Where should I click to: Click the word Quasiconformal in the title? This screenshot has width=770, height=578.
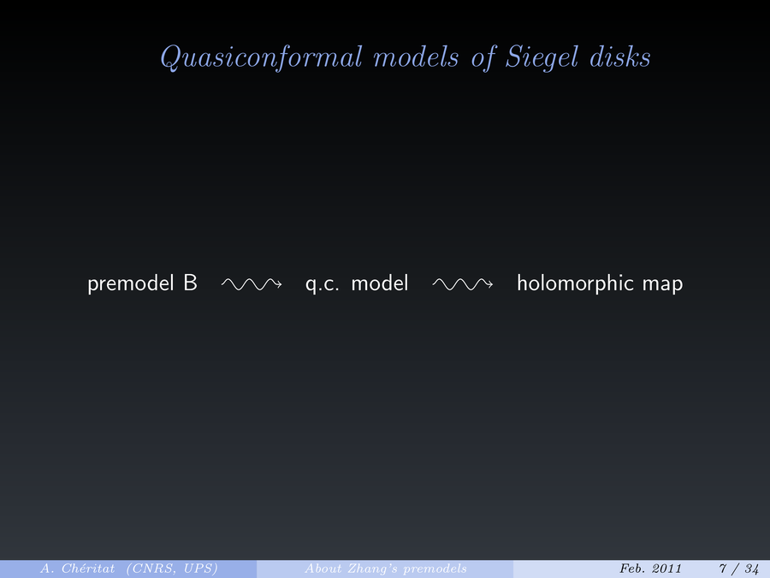pyautogui.click(x=261, y=58)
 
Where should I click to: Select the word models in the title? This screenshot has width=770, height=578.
pyautogui.click(x=416, y=57)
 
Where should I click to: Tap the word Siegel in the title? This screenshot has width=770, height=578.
pyautogui.click(x=542, y=58)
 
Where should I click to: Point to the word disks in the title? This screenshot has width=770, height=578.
pyautogui.click(x=620, y=57)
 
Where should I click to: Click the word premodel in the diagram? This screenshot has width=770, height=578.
pyautogui.click(x=131, y=283)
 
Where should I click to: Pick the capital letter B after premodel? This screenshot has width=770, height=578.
pyautogui.click(x=191, y=283)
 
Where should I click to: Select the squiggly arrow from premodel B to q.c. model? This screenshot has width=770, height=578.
pyautogui.click(x=252, y=284)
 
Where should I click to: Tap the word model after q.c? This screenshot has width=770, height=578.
pyautogui.click(x=380, y=283)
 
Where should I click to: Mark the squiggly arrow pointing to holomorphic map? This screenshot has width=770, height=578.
pyautogui.click(x=463, y=284)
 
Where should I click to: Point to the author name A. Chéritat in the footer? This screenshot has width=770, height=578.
pyautogui.click(x=78, y=569)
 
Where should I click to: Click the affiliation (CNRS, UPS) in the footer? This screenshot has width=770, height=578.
pyautogui.click(x=172, y=569)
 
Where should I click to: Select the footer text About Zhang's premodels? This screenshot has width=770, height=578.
pyautogui.click(x=386, y=569)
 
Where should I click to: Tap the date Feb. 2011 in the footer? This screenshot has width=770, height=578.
pyautogui.click(x=651, y=569)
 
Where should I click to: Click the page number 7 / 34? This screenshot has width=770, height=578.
pyautogui.click(x=739, y=569)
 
